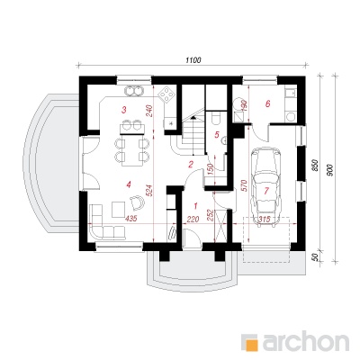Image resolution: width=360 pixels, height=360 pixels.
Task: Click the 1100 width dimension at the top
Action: point(193,60)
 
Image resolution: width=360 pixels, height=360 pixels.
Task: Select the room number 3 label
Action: point(123,110)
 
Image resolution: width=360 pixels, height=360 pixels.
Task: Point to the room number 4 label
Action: point(129,184)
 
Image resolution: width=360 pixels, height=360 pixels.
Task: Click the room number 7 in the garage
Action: point(266,190)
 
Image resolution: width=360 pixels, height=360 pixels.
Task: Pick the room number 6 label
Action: point(268,103)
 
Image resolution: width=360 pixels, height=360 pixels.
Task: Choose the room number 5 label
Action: point(217,135)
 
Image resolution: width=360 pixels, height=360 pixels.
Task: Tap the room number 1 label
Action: point(195,206)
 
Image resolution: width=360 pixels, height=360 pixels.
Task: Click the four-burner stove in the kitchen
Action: point(166,94)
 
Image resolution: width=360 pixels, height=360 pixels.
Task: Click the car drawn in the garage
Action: point(266,185)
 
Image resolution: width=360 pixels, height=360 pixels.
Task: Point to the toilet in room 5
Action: point(215,118)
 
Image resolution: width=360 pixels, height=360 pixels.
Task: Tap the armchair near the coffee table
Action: point(138,202)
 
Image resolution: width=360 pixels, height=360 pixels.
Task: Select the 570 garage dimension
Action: point(243,185)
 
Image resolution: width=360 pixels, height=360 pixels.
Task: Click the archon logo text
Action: point(306,341)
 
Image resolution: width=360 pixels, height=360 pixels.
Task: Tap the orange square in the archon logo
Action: point(253,344)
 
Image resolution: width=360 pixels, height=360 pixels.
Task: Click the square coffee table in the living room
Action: point(119,209)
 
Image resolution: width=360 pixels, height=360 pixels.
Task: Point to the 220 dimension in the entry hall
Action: point(193,220)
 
